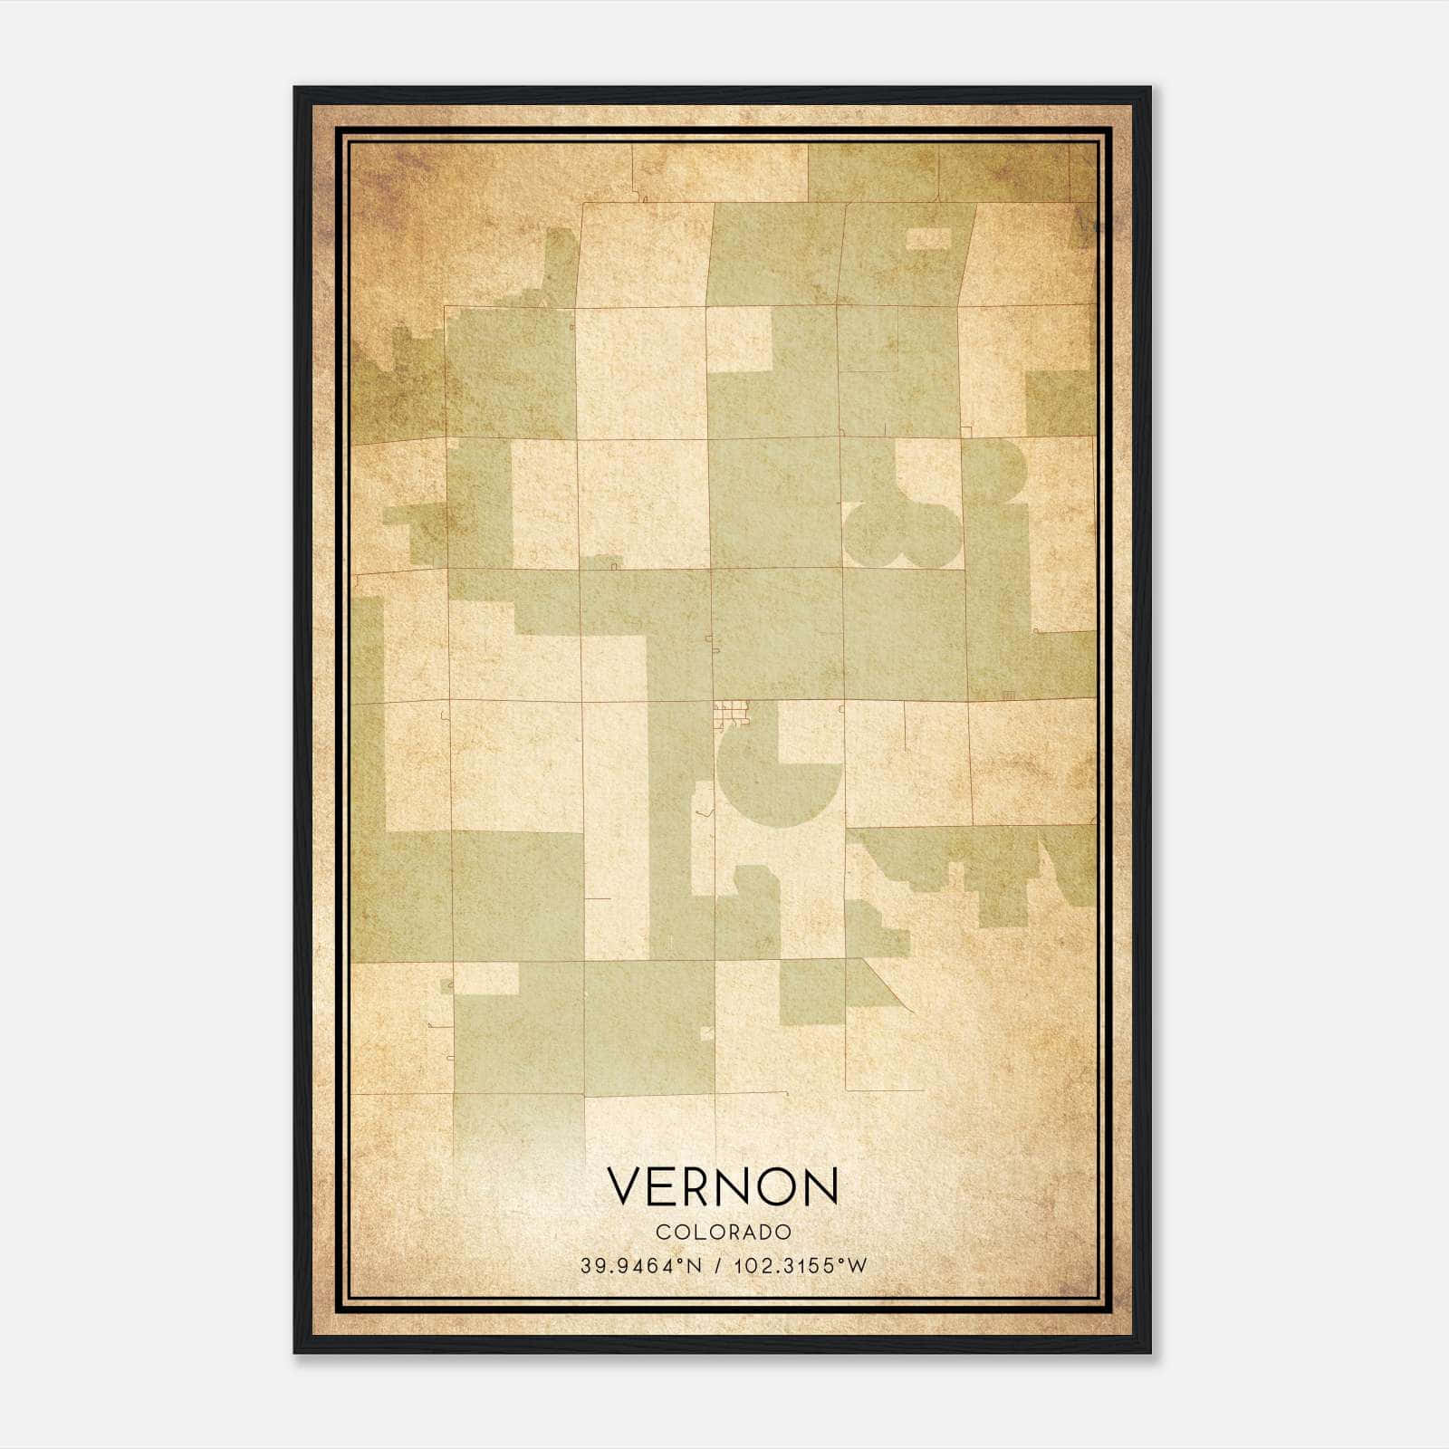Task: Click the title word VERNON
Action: click(723, 1185)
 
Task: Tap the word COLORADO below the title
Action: click(724, 1232)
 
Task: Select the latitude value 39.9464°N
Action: click(641, 1265)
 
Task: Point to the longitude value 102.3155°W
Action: click(801, 1265)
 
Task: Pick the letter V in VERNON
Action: click(625, 1185)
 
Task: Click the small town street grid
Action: click(731, 715)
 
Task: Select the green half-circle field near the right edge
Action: click(1001, 466)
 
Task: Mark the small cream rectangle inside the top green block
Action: click(929, 238)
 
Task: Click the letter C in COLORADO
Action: click(661, 1232)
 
